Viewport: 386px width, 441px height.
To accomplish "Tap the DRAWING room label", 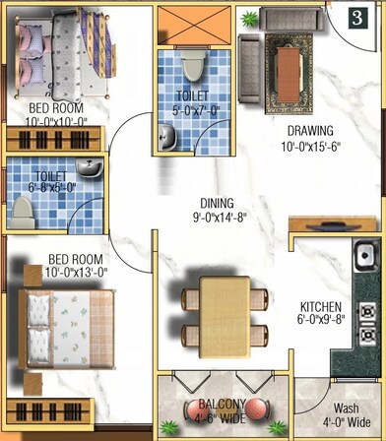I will pyautogui.click(x=310, y=131).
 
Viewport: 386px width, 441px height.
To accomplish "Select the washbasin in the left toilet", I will pyautogui.click(x=90, y=169).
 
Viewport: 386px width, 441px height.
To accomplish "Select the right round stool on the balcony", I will pyautogui.click(x=256, y=409).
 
